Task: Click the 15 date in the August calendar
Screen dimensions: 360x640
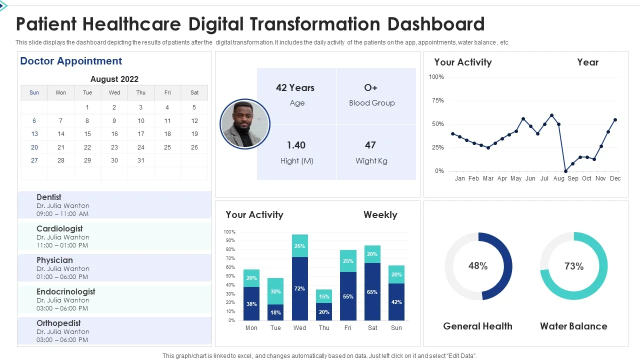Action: click(87, 134)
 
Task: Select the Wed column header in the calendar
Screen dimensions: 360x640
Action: click(114, 92)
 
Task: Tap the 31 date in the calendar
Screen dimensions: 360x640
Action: click(141, 160)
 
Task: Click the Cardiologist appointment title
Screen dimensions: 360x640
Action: click(59, 228)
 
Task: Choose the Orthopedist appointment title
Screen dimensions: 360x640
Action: click(58, 323)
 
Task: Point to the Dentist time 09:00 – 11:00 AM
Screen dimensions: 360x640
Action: click(62, 214)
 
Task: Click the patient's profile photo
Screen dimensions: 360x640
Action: click(245, 124)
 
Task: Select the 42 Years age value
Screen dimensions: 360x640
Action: click(295, 88)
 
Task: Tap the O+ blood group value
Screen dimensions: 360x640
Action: click(370, 88)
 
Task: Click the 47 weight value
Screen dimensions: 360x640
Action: click(370, 145)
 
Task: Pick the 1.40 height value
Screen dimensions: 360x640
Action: click(296, 145)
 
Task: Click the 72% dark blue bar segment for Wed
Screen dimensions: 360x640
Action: click(300, 288)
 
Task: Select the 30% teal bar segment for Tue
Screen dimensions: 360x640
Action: click(275, 291)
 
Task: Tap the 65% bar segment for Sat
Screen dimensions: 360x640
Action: click(372, 292)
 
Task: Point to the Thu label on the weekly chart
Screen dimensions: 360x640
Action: click(324, 328)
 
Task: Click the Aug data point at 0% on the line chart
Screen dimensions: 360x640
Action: click(565, 171)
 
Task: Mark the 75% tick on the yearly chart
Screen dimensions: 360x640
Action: click(437, 100)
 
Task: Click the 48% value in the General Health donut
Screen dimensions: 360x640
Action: click(478, 266)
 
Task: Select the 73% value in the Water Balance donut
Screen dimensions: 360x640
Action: click(574, 266)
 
